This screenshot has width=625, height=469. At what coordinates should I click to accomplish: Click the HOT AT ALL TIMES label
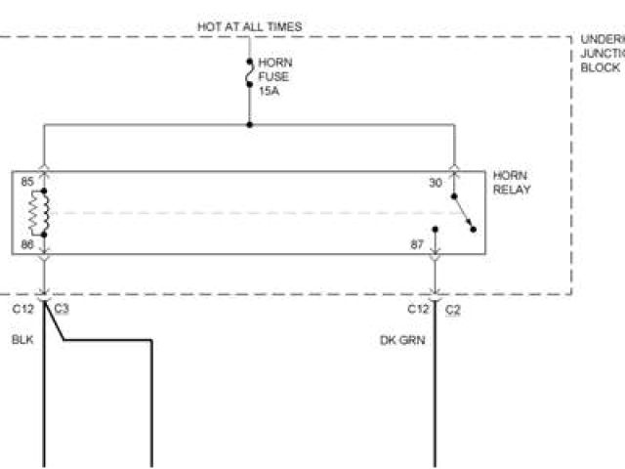[x=250, y=26]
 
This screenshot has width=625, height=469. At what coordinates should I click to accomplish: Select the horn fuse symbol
[x=250, y=76]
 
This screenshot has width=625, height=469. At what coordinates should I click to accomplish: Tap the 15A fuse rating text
[x=269, y=92]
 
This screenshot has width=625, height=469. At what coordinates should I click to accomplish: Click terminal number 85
[x=26, y=182]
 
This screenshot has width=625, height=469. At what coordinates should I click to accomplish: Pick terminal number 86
[x=26, y=245]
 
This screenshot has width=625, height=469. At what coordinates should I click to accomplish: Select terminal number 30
[x=435, y=183]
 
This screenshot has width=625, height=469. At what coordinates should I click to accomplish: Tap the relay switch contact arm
[x=463, y=212]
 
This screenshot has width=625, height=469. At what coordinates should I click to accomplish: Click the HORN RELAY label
[x=512, y=182]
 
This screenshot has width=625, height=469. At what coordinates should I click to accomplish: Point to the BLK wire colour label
[x=22, y=340]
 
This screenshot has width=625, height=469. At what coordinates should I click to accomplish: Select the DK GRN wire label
[x=401, y=340]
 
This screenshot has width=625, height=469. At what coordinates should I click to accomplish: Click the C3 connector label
[x=62, y=309]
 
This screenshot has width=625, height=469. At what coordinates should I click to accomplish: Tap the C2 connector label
[x=453, y=309]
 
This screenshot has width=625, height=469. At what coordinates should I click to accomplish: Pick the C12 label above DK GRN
[x=418, y=309]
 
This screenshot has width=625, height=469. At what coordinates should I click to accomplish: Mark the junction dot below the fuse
[x=250, y=125]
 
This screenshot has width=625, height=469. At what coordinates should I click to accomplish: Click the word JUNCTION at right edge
[x=602, y=54]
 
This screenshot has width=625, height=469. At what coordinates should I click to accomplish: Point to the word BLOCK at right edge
[x=600, y=68]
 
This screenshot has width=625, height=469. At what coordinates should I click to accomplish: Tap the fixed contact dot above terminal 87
[x=436, y=231]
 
